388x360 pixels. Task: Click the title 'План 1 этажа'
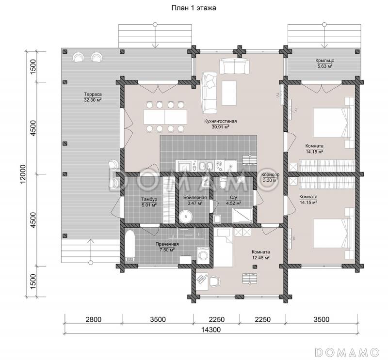point(194,8)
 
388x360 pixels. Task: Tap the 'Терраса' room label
point(93,94)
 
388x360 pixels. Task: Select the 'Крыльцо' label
point(324,61)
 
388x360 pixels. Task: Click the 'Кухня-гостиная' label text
point(221,121)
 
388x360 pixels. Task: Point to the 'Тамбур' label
point(149,199)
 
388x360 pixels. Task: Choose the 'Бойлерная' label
point(195,198)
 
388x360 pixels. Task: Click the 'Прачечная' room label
point(167,244)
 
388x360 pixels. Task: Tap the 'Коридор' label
point(271,174)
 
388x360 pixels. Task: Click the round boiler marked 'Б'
point(185,217)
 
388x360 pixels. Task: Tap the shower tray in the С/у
point(243,215)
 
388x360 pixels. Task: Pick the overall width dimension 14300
point(210,329)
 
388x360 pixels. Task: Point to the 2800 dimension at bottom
point(93,319)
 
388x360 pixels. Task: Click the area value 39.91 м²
point(220,127)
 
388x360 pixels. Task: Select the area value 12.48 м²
point(260,258)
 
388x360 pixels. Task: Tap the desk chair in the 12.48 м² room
point(215,281)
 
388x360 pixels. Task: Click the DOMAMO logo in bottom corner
point(347,352)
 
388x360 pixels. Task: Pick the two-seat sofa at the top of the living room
point(235,66)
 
